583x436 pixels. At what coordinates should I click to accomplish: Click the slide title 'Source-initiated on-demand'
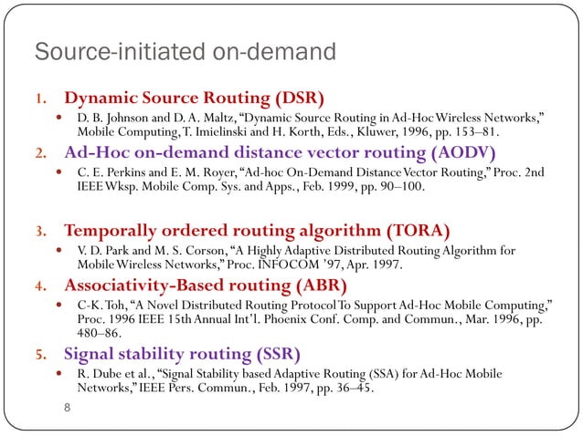point(185,52)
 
